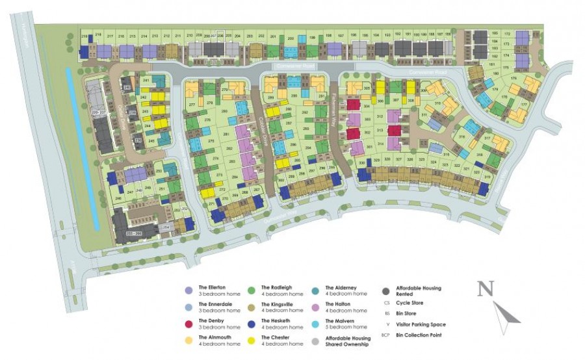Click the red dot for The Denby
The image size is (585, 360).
188,323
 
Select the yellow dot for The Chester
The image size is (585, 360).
251,340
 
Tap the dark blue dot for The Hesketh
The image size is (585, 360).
251,323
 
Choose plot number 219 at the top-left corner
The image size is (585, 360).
84,36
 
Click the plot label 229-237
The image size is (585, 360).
98,112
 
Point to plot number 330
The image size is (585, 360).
362,162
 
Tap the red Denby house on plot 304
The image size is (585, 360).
354,105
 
